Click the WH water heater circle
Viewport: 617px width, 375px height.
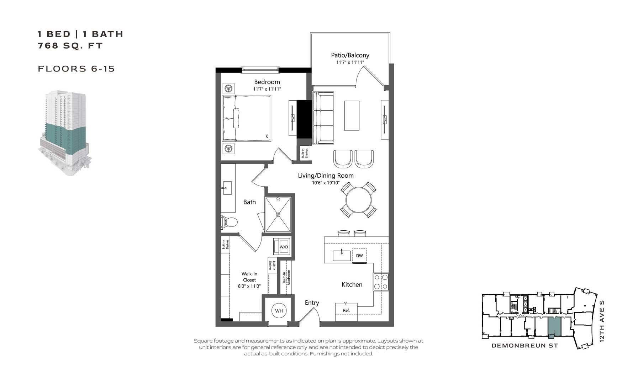pos(279,311)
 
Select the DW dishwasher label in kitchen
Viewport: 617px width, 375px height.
pos(359,256)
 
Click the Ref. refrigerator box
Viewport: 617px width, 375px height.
pos(346,310)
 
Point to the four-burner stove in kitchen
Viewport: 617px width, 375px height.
pos(381,282)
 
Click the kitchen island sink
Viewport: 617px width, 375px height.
pos(341,256)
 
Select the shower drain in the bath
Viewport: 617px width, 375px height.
pos(278,215)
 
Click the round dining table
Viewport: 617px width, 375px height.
pos(359,200)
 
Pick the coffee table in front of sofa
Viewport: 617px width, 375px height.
pos(352,116)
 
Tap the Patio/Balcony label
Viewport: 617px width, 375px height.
pos(350,55)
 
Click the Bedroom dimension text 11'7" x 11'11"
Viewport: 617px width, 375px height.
pos(267,89)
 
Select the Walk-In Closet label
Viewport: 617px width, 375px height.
pos(249,277)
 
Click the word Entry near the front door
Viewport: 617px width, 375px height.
pos(312,302)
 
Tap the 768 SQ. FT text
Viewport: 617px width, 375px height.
pos(70,45)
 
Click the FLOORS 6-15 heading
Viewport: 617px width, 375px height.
pos(76,69)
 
